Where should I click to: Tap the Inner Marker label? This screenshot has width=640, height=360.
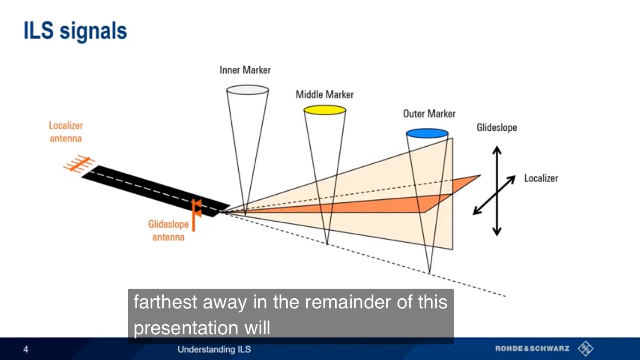point(245,70)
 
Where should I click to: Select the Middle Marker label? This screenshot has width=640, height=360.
point(325,95)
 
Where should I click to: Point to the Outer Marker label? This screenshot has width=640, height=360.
point(429,114)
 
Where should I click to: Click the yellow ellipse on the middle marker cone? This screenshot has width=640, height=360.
point(325,110)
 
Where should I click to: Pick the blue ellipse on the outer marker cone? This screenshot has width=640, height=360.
point(427,133)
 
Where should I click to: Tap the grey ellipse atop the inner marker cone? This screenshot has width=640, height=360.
point(247,90)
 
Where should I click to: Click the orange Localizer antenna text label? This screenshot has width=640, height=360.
point(66,132)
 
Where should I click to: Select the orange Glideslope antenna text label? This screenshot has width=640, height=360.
point(168,231)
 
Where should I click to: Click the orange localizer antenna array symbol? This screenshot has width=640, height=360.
point(79,164)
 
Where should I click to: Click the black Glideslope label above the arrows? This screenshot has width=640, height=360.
point(497,127)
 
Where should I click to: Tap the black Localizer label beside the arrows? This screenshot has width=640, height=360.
point(541,178)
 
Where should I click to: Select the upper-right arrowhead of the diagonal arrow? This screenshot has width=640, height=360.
point(512,178)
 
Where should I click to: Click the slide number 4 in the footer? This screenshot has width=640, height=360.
point(26,349)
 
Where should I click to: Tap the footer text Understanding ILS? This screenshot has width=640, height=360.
point(214,349)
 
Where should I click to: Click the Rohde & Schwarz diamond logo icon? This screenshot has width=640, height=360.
point(585,349)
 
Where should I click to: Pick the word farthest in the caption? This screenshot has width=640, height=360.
point(165,302)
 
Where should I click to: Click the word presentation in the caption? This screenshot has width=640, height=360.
point(186,328)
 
